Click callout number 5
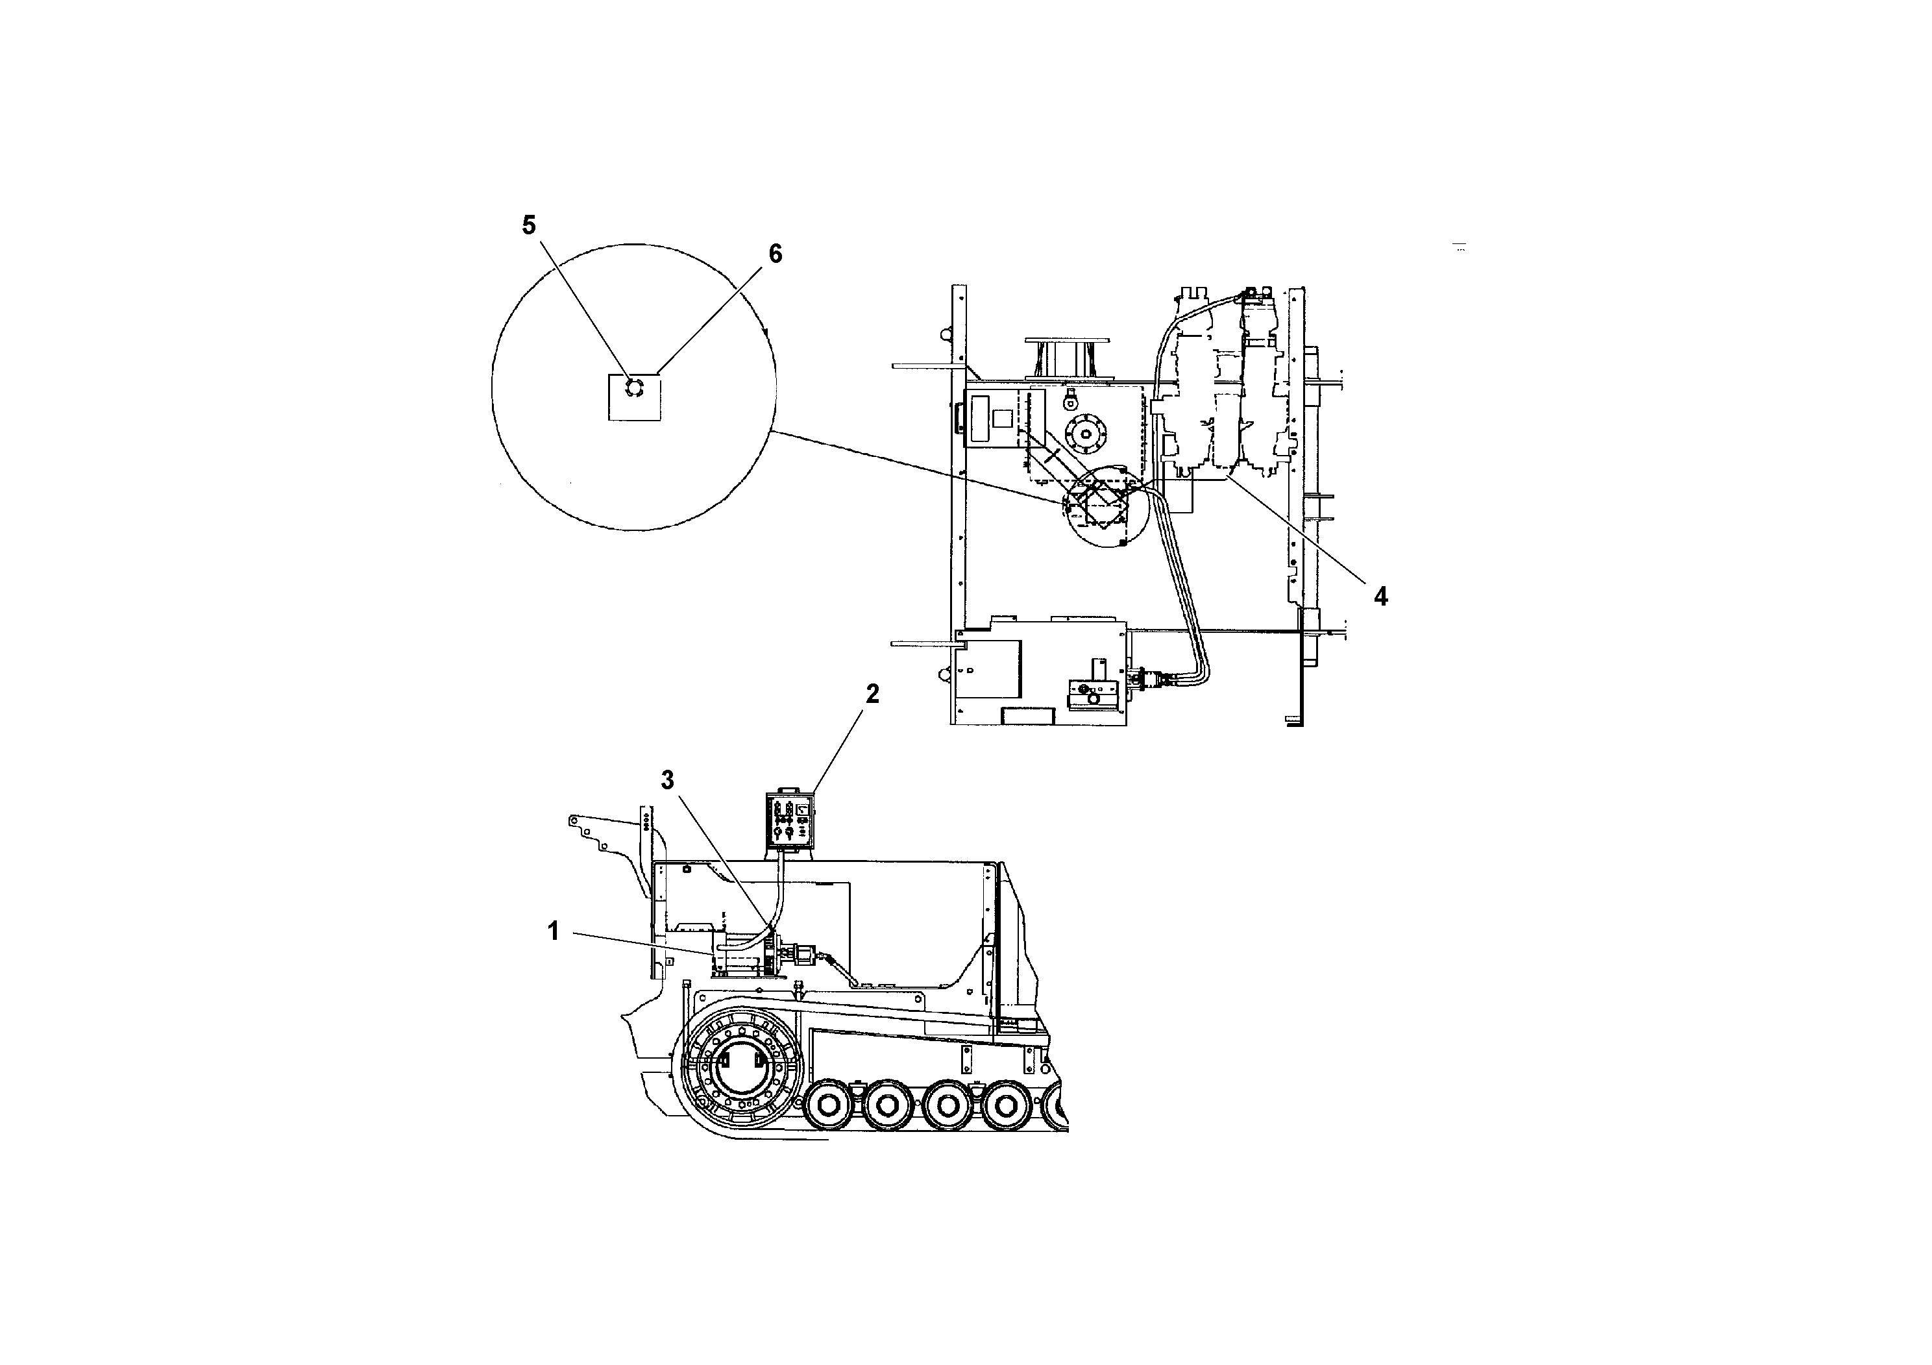[528, 225]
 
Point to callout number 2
[872, 695]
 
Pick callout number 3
[667, 780]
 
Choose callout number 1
[553, 931]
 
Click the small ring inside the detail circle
[633, 388]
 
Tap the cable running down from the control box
[780, 892]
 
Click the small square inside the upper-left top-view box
[1003, 418]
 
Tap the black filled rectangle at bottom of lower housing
[1028, 715]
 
